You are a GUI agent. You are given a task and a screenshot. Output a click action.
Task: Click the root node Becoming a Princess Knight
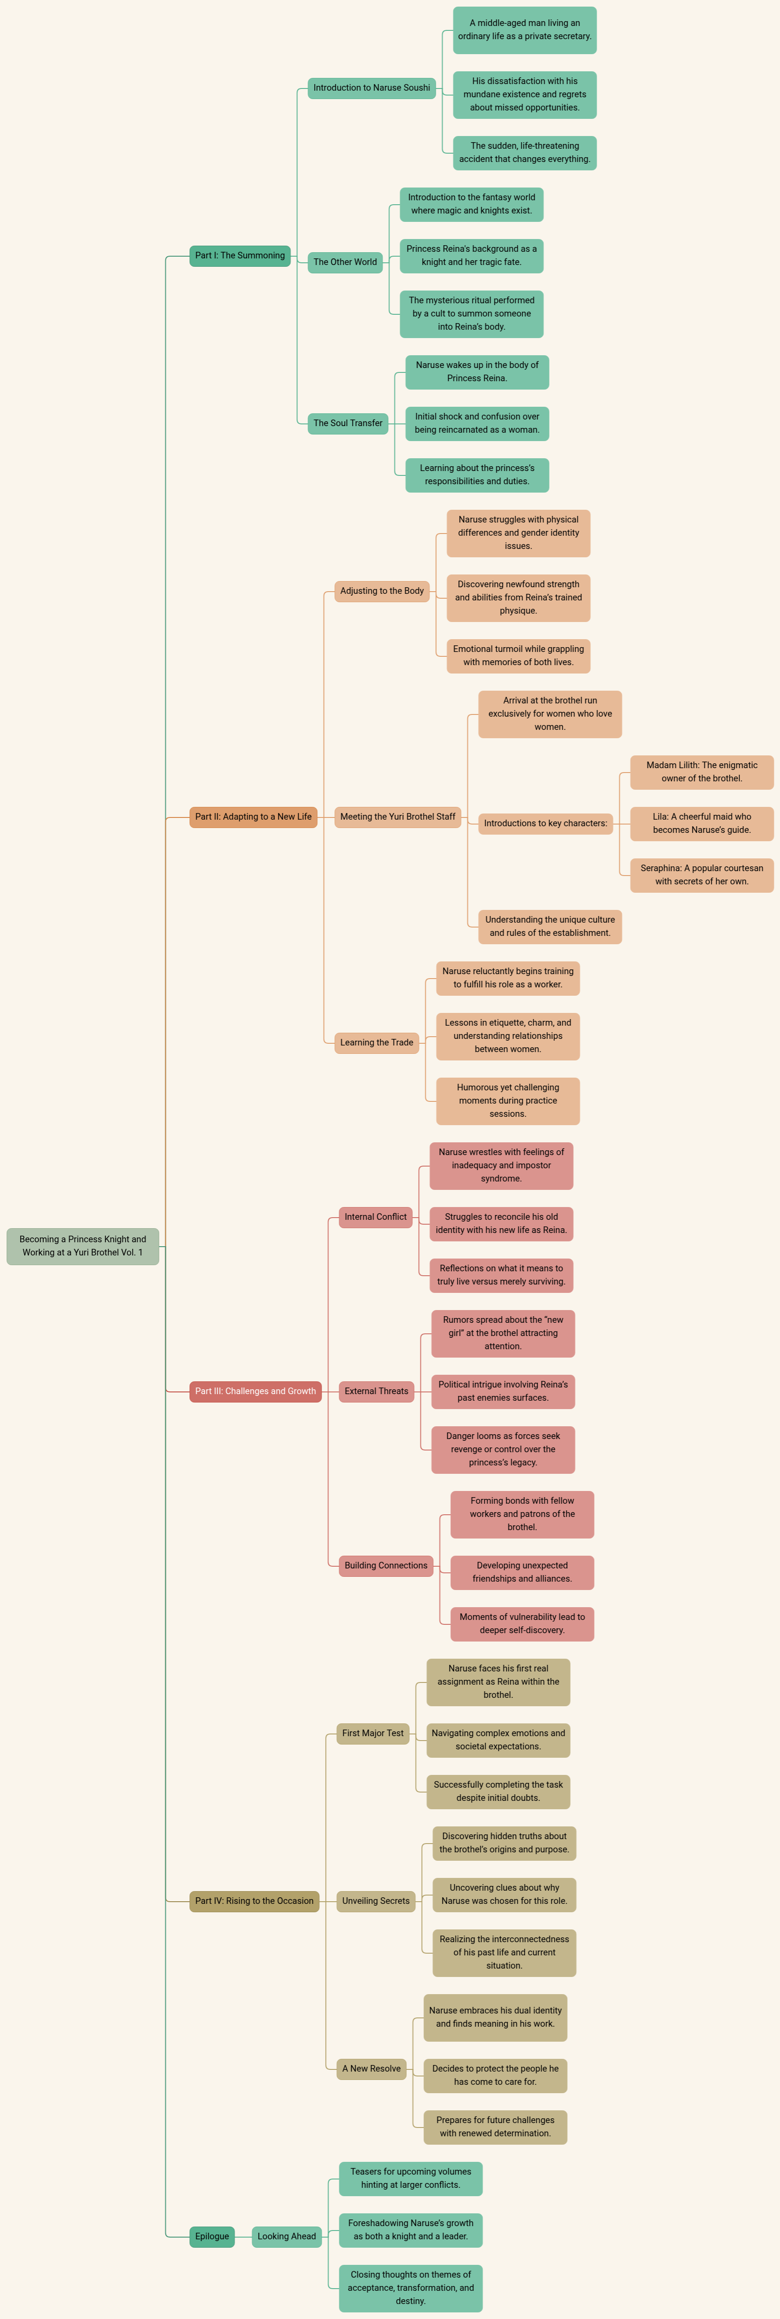pyautogui.click(x=83, y=1246)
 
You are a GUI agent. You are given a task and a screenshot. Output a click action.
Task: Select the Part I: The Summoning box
pyautogui.click(x=240, y=256)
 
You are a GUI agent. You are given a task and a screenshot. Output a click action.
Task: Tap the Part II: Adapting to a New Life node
pyautogui.click(x=253, y=817)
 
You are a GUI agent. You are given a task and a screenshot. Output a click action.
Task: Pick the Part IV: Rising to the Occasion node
pyautogui.click(x=254, y=1900)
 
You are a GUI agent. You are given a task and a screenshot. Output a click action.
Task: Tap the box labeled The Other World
pyautogui.click(x=345, y=262)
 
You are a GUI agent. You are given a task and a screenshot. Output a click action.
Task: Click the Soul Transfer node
pyautogui.click(x=348, y=423)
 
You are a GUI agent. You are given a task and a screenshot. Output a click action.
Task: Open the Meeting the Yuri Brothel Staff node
pyautogui.click(x=397, y=817)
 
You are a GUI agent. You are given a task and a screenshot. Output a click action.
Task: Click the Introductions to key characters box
pyautogui.click(x=546, y=823)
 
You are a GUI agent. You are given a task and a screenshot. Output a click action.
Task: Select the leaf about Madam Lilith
pyautogui.click(x=702, y=772)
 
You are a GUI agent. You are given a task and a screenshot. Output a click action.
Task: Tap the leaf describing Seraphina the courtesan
pyautogui.click(x=702, y=874)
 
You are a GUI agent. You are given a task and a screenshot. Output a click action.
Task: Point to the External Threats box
pyautogui.click(x=376, y=1391)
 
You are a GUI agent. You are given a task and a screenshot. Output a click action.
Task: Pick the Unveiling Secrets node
pyautogui.click(x=375, y=1900)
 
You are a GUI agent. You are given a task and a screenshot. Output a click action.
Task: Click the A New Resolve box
pyautogui.click(x=371, y=2068)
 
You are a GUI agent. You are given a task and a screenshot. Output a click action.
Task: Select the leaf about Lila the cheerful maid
pyautogui.click(x=702, y=823)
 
